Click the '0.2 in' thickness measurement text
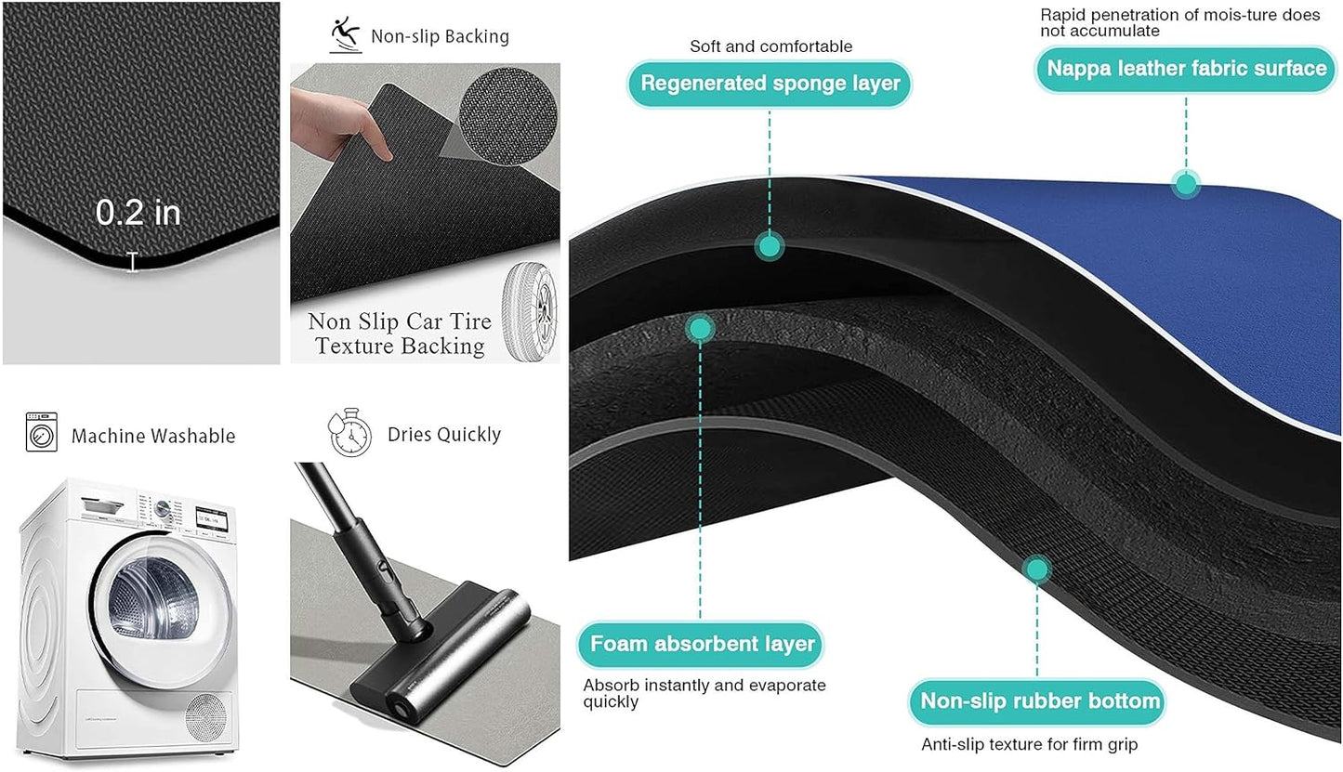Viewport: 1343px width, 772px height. click(x=138, y=213)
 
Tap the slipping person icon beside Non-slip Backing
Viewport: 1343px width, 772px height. click(x=345, y=35)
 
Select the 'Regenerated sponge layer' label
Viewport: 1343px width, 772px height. click(x=770, y=84)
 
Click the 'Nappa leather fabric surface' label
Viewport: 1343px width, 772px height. click(x=1186, y=68)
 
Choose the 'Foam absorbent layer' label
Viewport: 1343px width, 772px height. click(x=702, y=643)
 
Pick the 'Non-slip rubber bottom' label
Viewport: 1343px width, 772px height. click(x=1040, y=700)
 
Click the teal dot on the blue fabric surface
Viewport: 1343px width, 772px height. click(x=1185, y=183)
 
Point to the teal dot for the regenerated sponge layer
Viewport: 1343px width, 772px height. click(x=770, y=246)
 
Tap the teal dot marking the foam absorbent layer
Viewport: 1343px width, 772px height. click(x=701, y=327)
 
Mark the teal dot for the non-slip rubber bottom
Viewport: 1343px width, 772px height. click(x=1038, y=569)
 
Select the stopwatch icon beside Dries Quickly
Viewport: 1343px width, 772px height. click(x=349, y=433)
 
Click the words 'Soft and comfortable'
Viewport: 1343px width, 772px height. click(x=770, y=46)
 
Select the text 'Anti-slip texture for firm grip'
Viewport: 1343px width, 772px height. click(x=1029, y=744)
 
